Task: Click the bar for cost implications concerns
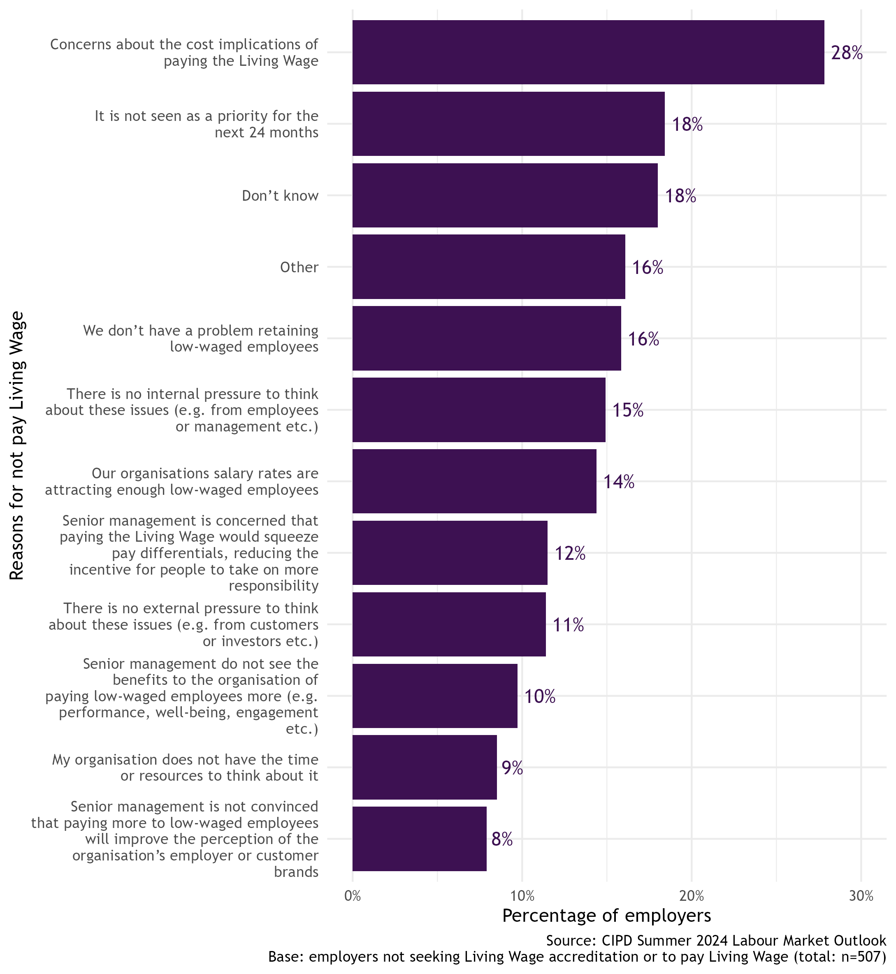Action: point(587,52)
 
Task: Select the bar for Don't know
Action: point(505,195)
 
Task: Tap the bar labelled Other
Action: point(488,267)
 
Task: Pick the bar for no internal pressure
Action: point(479,410)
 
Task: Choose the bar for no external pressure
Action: point(449,624)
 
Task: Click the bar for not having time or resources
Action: point(424,767)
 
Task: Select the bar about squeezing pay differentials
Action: point(450,553)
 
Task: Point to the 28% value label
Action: point(846,53)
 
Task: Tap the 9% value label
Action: point(512,768)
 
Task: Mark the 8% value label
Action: point(502,839)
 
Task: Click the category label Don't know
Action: point(280,195)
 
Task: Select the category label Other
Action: point(299,267)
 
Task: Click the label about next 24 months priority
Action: point(207,124)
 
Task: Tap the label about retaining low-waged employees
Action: point(201,339)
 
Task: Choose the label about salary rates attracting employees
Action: point(182,481)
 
